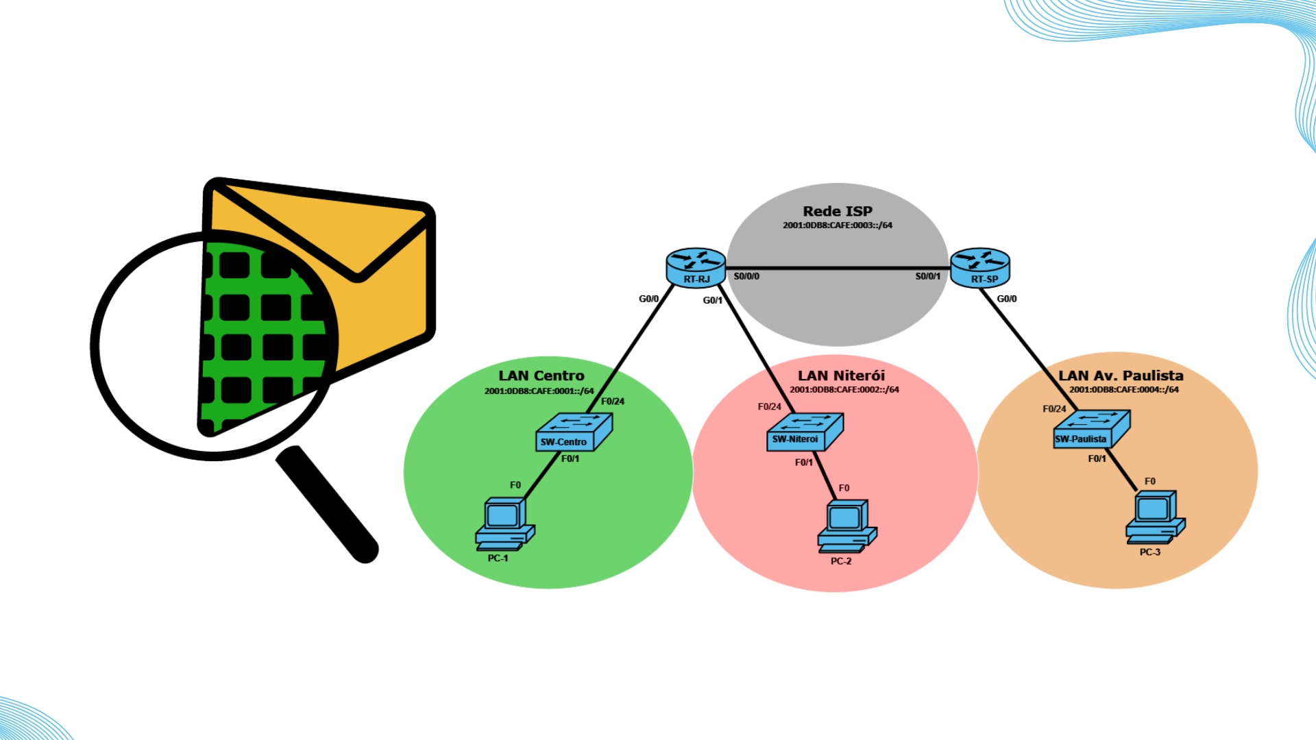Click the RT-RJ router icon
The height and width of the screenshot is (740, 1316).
696,267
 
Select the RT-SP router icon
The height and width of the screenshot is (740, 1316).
980,267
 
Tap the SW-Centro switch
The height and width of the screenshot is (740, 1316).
573,432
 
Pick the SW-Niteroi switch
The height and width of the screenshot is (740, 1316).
803,432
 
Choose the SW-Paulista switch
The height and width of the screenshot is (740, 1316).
1091,430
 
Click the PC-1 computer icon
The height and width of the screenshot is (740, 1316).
504,524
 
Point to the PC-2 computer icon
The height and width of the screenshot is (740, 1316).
846,526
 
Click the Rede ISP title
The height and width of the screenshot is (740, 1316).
838,211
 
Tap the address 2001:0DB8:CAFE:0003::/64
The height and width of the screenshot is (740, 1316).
838,225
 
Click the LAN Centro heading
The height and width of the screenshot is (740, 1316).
541,375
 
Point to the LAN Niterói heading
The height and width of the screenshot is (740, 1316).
841,375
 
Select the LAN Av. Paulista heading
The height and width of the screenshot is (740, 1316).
1121,375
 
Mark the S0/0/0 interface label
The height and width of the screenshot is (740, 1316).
746,276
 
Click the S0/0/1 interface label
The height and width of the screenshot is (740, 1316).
927,276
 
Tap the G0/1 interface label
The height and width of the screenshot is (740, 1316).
713,300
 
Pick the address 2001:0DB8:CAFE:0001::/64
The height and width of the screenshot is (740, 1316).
539,391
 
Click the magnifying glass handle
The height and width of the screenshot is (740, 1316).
328,504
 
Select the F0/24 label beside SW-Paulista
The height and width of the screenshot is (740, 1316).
1054,409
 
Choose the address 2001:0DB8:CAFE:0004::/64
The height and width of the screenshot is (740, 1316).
1124,390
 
